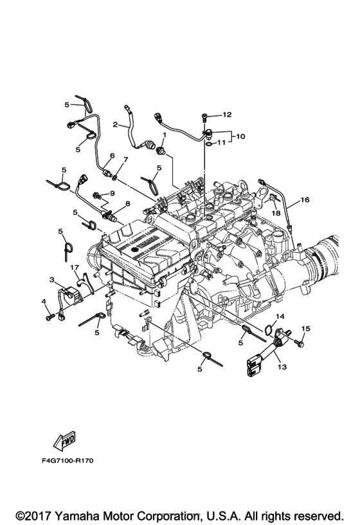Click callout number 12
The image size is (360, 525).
point(227,115)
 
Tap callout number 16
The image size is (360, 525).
point(305,200)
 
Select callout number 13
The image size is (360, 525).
point(282,367)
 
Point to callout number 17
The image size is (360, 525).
point(75,267)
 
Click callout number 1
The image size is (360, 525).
point(165,134)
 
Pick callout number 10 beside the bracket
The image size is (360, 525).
point(240,136)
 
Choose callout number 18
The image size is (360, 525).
point(276,214)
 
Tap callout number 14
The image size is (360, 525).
point(280,317)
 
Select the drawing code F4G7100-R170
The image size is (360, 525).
point(67,461)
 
